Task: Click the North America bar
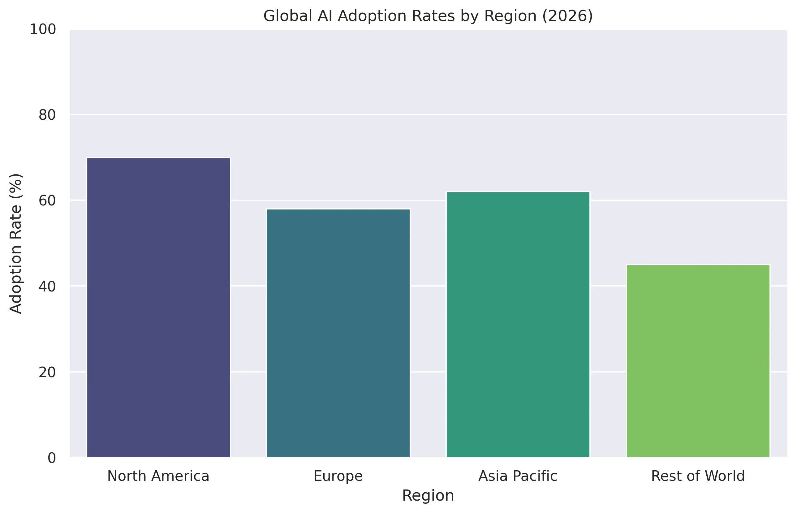point(158,307)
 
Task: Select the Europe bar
point(338,333)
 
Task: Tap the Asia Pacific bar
point(518,324)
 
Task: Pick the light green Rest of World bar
point(698,361)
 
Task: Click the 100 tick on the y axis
point(43,29)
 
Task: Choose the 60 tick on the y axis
point(47,200)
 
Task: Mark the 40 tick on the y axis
point(47,286)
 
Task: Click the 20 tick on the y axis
point(47,372)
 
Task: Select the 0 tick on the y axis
point(52,458)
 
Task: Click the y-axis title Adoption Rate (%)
point(16,243)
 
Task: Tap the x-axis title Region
point(428,496)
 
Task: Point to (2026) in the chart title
point(567,16)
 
